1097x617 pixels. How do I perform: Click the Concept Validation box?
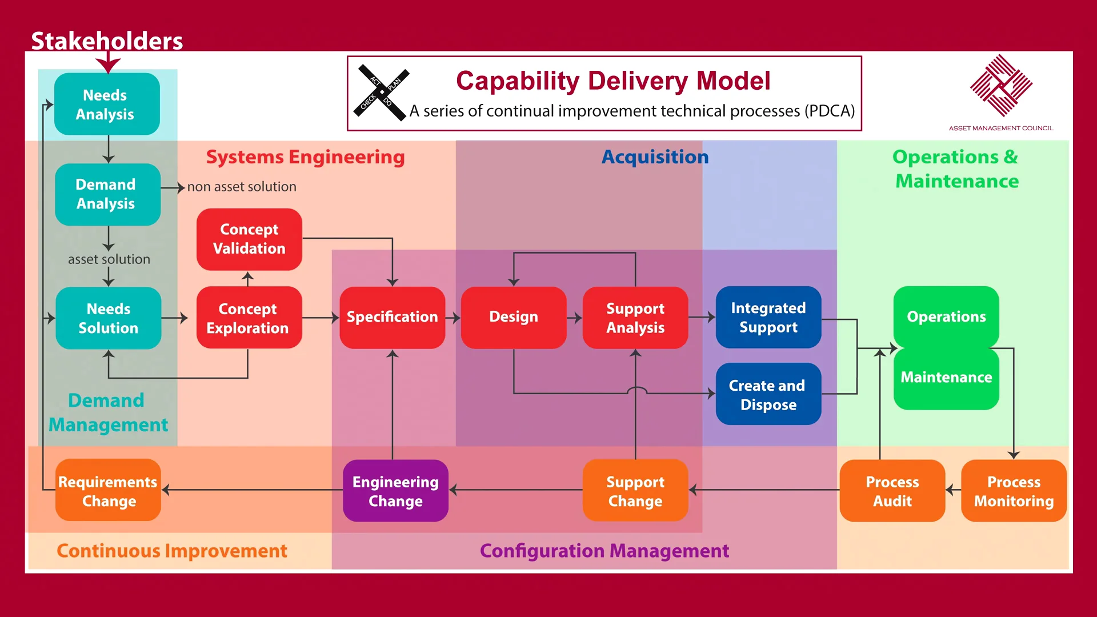click(249, 239)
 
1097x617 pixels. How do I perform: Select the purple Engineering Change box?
click(395, 491)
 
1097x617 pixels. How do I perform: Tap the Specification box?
click(392, 317)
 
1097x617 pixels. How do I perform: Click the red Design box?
click(513, 317)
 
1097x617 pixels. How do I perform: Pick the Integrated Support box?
click(768, 317)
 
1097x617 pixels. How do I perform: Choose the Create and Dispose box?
click(768, 394)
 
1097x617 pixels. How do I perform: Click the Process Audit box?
click(892, 491)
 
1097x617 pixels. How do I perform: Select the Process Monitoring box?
click(1014, 491)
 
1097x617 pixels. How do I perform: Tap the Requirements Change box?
click(108, 491)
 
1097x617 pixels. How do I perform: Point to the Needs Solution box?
click(108, 318)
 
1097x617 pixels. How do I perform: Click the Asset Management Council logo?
click(1001, 86)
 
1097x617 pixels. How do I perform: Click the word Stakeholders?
click(107, 41)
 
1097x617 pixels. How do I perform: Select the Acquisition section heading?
click(655, 157)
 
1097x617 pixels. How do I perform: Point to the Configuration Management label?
click(604, 551)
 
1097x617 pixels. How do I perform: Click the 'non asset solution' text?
click(242, 187)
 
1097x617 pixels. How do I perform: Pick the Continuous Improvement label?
click(171, 551)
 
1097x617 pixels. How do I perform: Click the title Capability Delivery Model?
click(612, 81)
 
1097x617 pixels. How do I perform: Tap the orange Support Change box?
click(635, 491)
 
